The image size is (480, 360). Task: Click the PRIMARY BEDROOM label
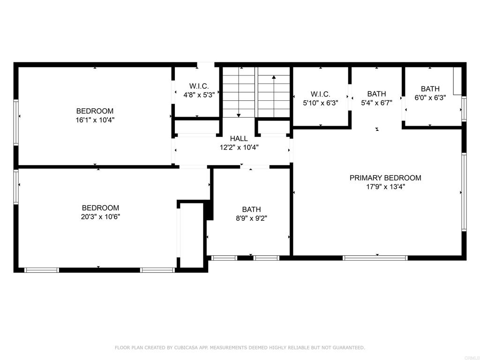(x=385, y=178)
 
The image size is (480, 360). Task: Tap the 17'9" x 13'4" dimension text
(x=385, y=187)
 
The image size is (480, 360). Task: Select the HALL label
(x=239, y=139)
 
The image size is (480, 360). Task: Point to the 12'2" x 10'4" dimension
(x=239, y=147)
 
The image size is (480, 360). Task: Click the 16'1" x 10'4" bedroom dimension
(x=95, y=120)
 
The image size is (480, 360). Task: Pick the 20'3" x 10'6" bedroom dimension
(x=100, y=217)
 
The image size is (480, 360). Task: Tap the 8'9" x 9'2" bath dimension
(x=251, y=218)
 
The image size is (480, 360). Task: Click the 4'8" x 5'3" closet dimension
(x=199, y=95)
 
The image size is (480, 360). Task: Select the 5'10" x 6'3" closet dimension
(x=321, y=102)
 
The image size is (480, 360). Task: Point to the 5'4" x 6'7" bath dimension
(x=376, y=102)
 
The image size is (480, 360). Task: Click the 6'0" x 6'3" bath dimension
(x=430, y=97)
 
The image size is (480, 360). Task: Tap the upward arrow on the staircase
(x=274, y=77)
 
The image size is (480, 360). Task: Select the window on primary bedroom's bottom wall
(x=375, y=257)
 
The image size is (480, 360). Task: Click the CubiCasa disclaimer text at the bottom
(x=240, y=348)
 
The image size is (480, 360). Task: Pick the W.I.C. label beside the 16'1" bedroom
(x=199, y=86)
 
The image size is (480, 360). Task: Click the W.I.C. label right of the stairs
(x=321, y=94)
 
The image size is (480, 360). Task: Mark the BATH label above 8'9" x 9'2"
(x=251, y=210)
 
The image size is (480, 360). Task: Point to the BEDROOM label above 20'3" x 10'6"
(x=100, y=208)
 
